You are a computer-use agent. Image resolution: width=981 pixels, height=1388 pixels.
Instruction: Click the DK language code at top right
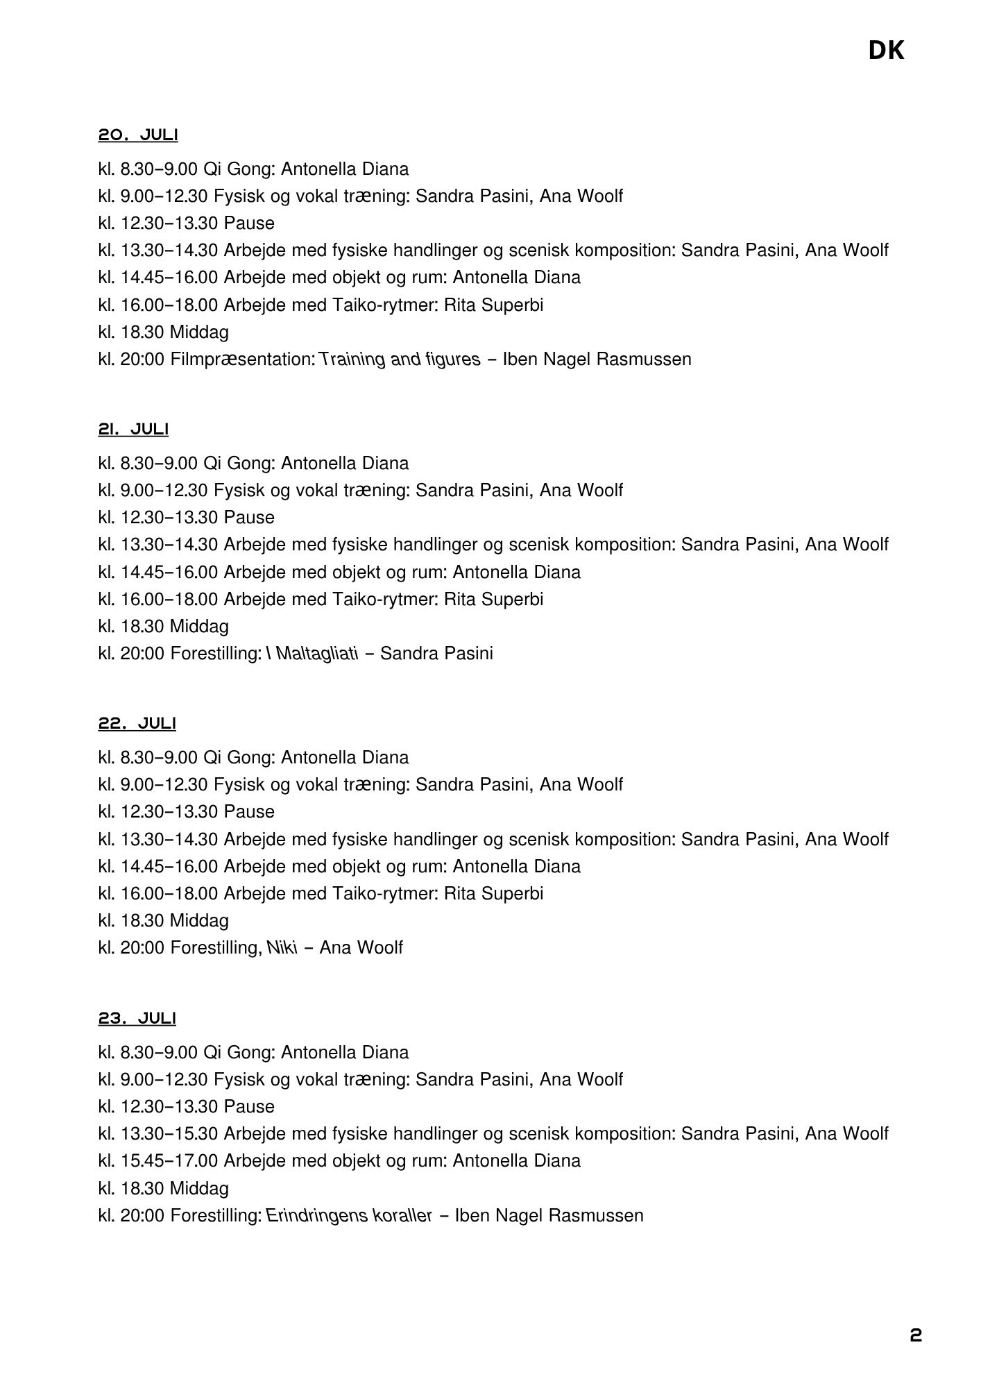pyautogui.click(x=886, y=51)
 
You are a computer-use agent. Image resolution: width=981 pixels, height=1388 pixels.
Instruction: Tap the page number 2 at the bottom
pyautogui.click(x=916, y=1336)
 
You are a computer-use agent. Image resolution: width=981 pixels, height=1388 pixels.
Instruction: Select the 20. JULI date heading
pyautogui.click(x=138, y=135)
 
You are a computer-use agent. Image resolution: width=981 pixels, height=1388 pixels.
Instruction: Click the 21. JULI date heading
pyautogui.click(x=133, y=430)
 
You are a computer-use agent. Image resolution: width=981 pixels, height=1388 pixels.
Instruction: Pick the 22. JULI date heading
pyautogui.click(x=137, y=724)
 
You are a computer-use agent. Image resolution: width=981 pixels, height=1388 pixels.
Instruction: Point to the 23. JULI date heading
pyautogui.click(x=137, y=1018)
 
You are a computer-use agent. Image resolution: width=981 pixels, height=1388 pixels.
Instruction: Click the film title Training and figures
pyautogui.click(x=400, y=359)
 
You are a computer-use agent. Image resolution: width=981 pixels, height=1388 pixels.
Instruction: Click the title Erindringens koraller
pyautogui.click(x=349, y=1215)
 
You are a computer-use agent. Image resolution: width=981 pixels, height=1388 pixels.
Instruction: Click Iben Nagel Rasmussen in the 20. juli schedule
pyautogui.click(x=597, y=359)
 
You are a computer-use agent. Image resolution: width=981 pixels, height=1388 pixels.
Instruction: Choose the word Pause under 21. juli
pyautogui.click(x=249, y=518)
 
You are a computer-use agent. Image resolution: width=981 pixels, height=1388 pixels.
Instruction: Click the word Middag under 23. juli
pyautogui.click(x=199, y=1189)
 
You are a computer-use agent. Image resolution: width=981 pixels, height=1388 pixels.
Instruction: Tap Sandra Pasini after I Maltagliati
pyautogui.click(x=437, y=654)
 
